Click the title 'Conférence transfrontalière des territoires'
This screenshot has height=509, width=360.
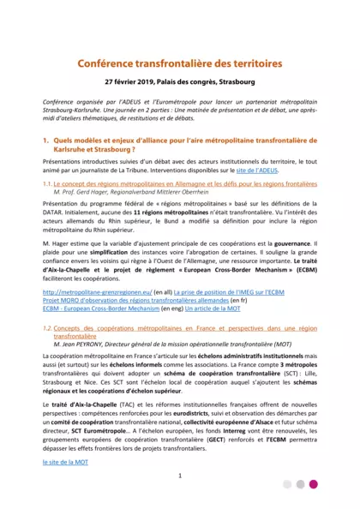coord(180,63)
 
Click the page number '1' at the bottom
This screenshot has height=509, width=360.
coord(180,476)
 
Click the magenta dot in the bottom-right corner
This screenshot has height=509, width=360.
coord(314,484)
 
